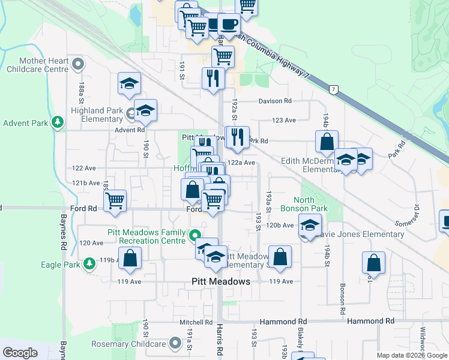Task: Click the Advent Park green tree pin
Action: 58,123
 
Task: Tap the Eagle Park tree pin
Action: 89,263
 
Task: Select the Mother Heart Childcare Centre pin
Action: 77,63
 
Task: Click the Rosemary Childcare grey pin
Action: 175,343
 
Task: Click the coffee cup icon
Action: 229,25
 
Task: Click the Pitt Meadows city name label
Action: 221,281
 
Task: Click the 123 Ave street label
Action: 284,120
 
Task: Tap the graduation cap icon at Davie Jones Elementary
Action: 309,226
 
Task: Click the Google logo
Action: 20,353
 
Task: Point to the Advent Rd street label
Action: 132,130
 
